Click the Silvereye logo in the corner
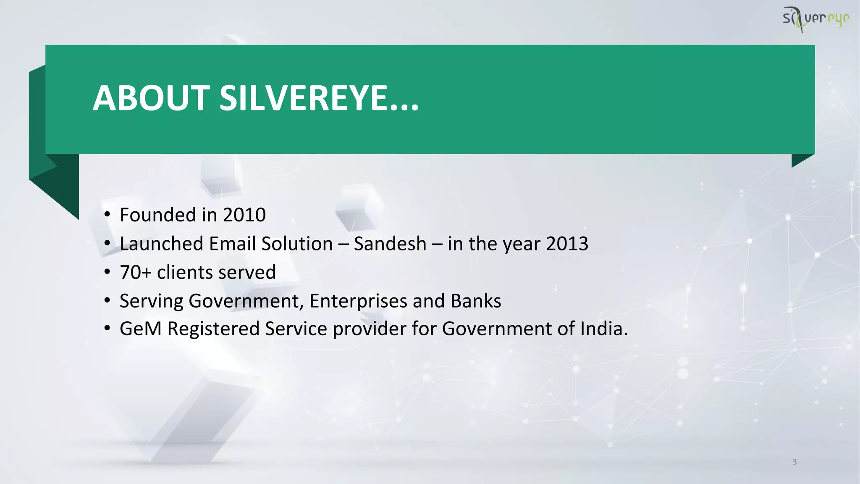[x=815, y=19]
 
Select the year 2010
[x=244, y=215]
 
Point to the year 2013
[x=567, y=244]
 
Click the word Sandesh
[x=390, y=244]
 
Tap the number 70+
[x=135, y=272]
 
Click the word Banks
[x=476, y=301]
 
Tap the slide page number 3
[x=794, y=462]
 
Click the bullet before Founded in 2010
[x=107, y=215]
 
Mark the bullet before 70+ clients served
[x=107, y=272]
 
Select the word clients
[x=181, y=272]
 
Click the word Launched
[x=162, y=244]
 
